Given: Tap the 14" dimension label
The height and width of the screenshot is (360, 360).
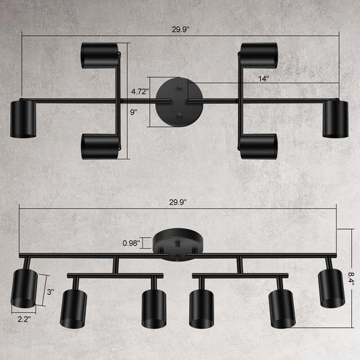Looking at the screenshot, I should pos(263,78).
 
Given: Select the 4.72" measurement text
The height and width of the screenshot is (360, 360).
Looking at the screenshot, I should pos(139,90).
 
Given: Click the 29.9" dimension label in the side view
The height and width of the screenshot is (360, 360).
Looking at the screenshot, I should pos(179,202).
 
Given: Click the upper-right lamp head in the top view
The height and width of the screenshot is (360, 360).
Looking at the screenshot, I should pos(259,55).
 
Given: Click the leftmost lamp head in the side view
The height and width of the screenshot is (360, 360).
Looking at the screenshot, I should pos(26,286).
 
